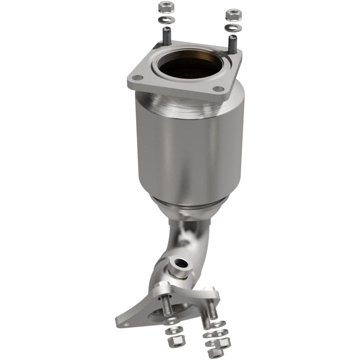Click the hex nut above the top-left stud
pyautogui.click(x=164, y=8)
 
